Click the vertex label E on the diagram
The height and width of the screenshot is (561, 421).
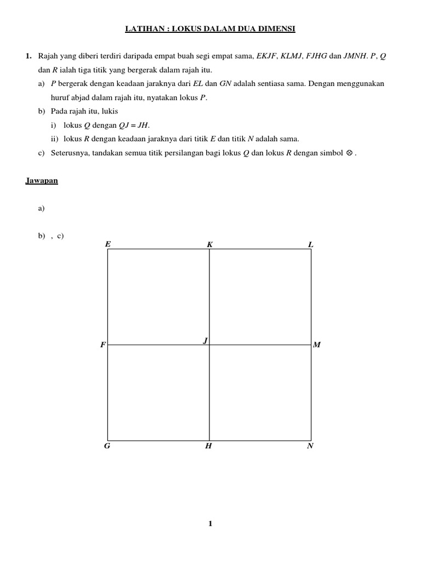(107, 244)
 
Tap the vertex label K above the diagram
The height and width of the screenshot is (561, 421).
(209, 244)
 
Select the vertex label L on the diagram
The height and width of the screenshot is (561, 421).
(311, 244)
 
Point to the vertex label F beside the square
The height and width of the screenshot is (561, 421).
(103, 345)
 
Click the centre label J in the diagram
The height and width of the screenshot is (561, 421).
(205, 340)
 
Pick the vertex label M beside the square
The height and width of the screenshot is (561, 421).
(316, 345)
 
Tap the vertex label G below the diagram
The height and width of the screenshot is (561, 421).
(107, 446)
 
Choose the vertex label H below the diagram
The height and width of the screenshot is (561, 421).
(208, 446)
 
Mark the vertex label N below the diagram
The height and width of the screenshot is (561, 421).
(310, 446)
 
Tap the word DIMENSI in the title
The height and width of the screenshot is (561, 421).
(277, 28)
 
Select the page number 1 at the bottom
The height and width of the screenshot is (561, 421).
(210, 524)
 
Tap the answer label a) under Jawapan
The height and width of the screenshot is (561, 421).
(42, 209)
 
